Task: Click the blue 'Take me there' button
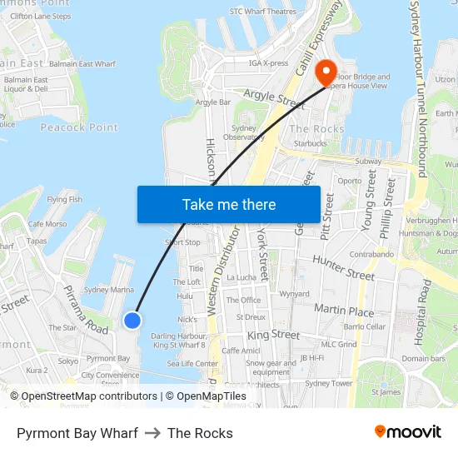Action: click(229, 205)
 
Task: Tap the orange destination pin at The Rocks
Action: click(325, 72)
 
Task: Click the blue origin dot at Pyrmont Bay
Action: click(132, 320)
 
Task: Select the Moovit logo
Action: click(407, 432)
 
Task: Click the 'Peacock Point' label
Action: click(79, 127)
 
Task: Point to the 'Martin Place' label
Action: click(344, 310)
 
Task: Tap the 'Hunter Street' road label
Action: click(343, 267)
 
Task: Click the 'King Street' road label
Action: click(273, 335)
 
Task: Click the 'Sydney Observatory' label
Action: click(244, 132)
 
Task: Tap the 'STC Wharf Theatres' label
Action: click(262, 12)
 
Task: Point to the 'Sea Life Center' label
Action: click(192, 363)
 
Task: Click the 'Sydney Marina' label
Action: click(109, 290)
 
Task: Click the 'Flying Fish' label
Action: click(64, 200)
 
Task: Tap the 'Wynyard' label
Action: click(294, 294)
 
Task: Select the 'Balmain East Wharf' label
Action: click(82, 64)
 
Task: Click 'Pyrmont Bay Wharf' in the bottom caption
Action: click(77, 433)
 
